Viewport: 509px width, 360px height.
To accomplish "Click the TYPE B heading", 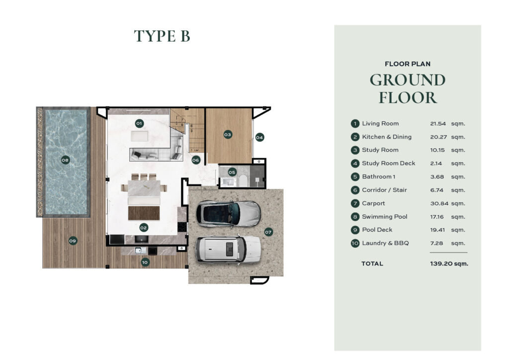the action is click(x=162, y=36).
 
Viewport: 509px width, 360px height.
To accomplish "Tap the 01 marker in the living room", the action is click(x=139, y=123).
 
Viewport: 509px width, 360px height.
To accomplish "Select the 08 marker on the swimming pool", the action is click(x=65, y=160).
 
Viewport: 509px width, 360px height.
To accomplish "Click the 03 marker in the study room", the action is click(x=228, y=134).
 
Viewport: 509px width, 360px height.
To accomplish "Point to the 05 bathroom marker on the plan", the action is click(x=232, y=173).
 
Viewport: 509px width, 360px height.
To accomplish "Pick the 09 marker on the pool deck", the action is click(x=73, y=241).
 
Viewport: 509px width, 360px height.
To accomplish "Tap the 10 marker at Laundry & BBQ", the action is click(x=145, y=262).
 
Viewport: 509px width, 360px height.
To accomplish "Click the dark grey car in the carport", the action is click(x=228, y=213).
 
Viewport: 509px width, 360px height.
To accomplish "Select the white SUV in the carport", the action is click(x=228, y=249).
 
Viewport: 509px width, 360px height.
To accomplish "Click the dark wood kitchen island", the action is click(x=144, y=213).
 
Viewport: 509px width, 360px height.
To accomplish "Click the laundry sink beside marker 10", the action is click(x=141, y=250).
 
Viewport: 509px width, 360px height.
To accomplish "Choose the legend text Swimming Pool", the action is click(x=385, y=216).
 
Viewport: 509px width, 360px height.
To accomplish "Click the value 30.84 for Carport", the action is click(x=439, y=203).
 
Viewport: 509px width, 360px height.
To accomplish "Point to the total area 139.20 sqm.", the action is click(x=449, y=264).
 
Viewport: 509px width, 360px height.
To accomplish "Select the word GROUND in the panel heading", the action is click(x=408, y=80).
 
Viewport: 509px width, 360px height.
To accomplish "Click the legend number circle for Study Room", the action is click(x=355, y=150).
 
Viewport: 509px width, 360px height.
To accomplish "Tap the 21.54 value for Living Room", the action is click(x=438, y=124).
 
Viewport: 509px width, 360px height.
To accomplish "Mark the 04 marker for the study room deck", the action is click(x=259, y=137).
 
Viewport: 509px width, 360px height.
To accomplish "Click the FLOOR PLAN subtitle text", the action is click(x=408, y=64).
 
